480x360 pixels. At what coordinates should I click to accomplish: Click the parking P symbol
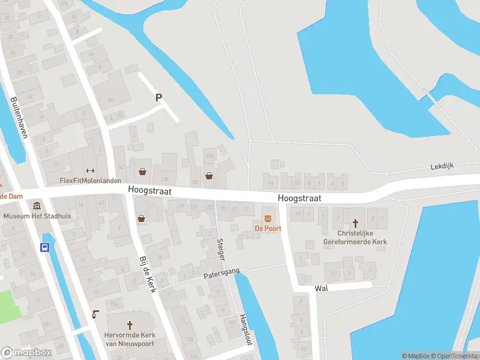(x=159, y=97)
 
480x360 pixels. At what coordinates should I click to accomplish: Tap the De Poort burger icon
(x=268, y=218)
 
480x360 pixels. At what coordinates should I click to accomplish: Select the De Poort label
(x=268, y=229)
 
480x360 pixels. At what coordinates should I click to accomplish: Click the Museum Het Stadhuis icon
(x=38, y=206)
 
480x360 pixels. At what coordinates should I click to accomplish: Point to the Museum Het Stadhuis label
(x=37, y=216)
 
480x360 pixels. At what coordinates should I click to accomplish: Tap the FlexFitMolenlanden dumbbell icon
(x=91, y=170)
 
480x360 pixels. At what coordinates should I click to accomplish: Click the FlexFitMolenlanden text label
(x=91, y=181)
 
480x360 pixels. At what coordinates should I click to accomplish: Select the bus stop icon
(x=44, y=247)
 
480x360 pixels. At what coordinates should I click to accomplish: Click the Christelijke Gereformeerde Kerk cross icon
(x=354, y=222)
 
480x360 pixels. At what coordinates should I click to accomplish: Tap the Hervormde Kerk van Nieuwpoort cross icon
(x=130, y=324)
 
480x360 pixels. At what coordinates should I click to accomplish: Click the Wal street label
(x=321, y=289)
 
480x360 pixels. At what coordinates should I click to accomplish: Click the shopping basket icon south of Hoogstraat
(x=141, y=218)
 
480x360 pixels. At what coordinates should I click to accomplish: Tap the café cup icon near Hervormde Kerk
(x=94, y=314)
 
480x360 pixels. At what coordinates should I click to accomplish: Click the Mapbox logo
(x=26, y=353)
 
